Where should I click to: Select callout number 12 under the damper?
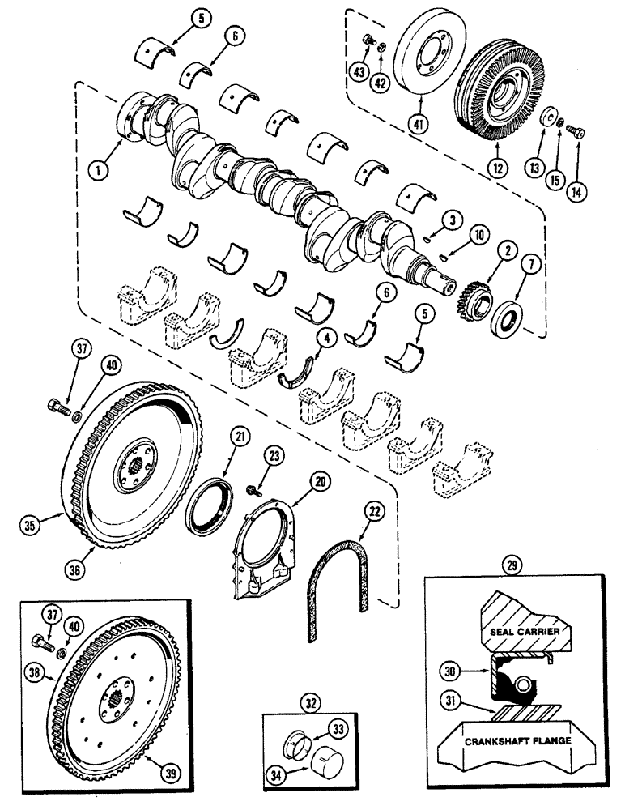tap(495, 168)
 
